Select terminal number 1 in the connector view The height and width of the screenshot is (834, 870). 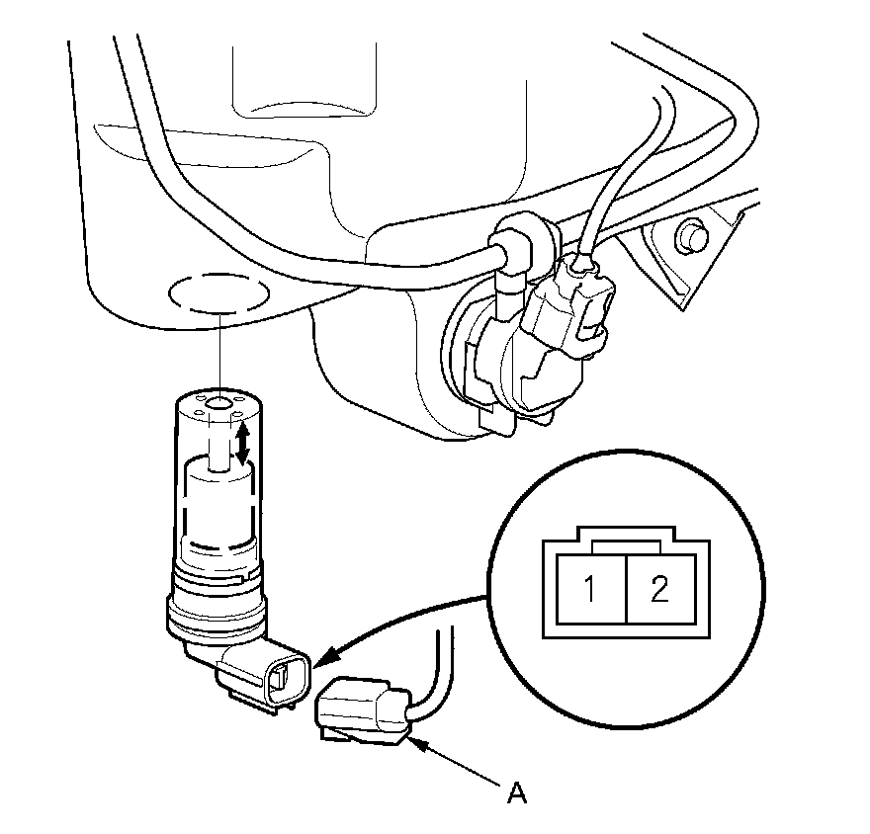click(x=589, y=591)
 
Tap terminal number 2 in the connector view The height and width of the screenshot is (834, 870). click(x=659, y=591)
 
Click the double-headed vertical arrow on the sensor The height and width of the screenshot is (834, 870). click(x=240, y=441)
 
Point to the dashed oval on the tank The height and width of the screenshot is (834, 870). click(x=217, y=294)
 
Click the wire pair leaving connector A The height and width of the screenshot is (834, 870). click(x=436, y=672)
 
